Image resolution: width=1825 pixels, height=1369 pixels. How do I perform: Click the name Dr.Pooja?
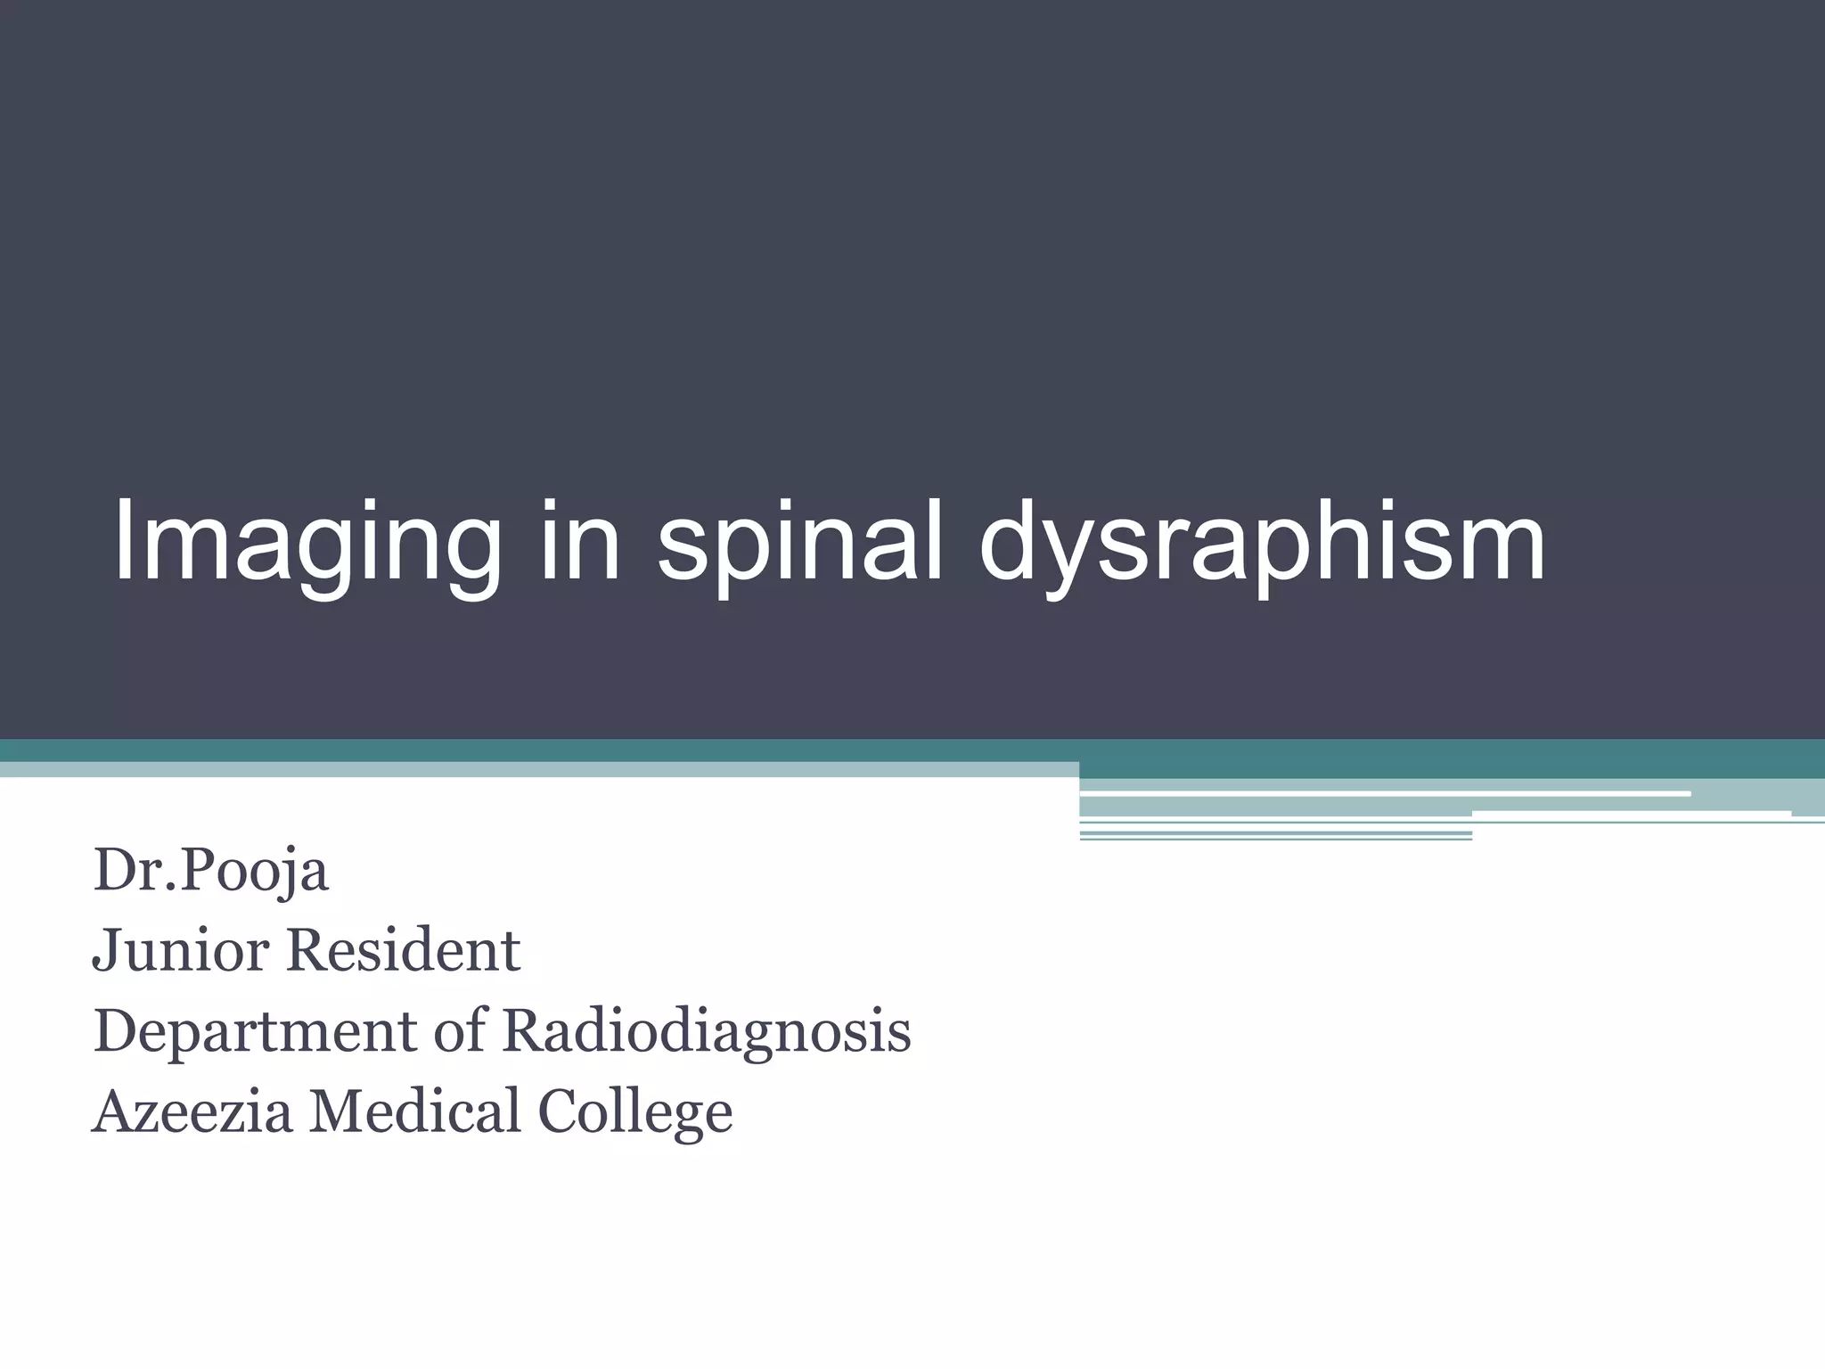pyautogui.click(x=210, y=871)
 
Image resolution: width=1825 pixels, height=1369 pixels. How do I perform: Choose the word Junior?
pyautogui.click(x=182, y=950)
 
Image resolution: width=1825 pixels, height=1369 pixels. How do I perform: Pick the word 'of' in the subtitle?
pyautogui.click(x=460, y=1030)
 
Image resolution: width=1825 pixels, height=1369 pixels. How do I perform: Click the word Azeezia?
pyautogui.click(x=192, y=1112)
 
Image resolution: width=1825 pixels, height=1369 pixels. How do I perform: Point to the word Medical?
pyautogui.click(x=414, y=1111)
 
